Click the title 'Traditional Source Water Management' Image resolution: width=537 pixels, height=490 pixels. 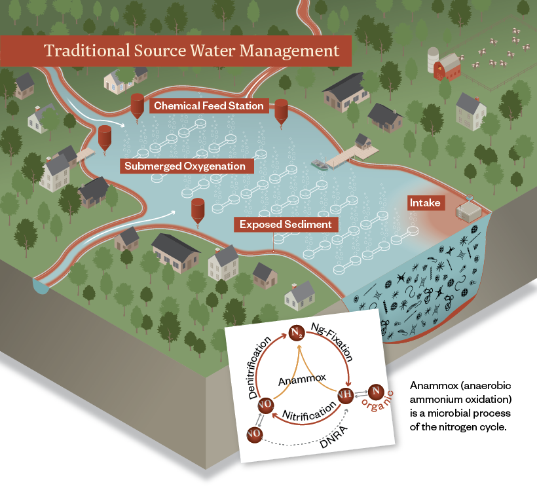coord(191,51)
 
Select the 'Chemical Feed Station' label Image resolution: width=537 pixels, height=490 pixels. coord(208,105)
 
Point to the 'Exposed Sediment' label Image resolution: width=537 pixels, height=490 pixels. coord(285,225)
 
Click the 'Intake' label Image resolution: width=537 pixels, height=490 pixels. coord(425,203)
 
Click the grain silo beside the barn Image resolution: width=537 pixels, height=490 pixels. coord(433,60)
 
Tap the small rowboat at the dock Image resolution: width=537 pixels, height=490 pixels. coord(319,165)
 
